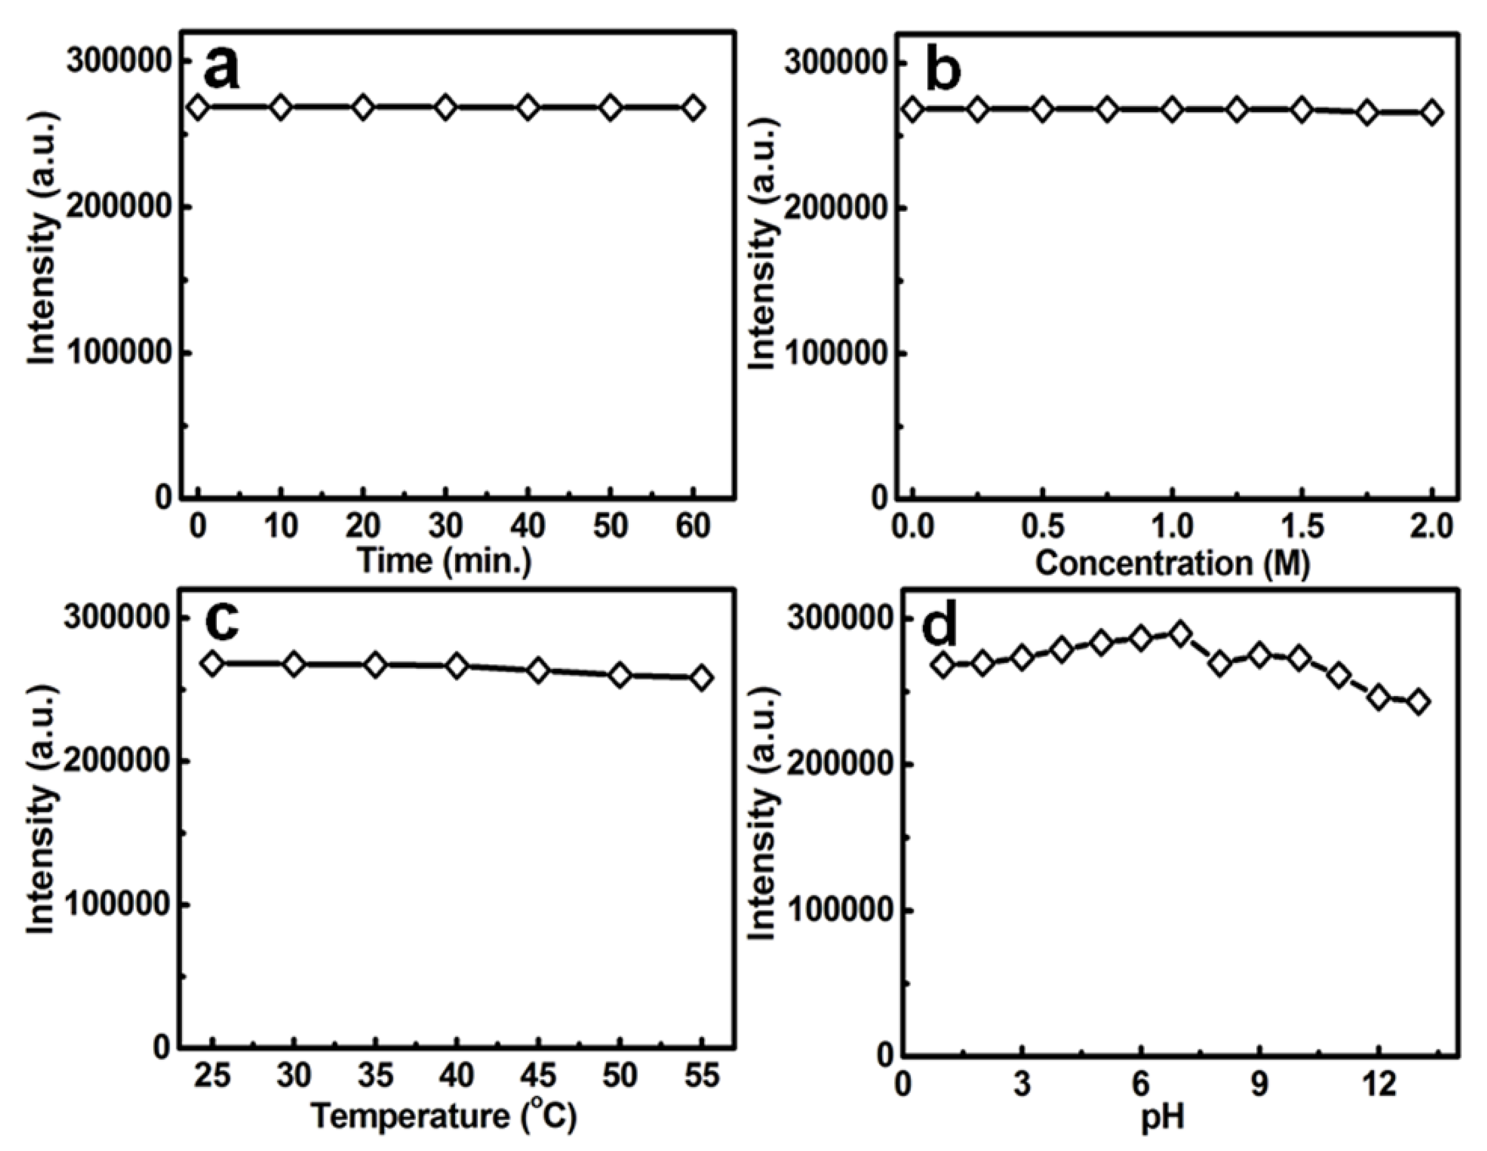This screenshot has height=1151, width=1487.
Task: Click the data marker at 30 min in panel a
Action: click(x=445, y=108)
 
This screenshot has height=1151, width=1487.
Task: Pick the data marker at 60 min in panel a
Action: click(x=693, y=108)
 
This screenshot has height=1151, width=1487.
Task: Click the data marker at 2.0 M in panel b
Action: click(x=1432, y=113)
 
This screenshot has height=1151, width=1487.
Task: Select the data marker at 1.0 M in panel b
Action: click(x=1172, y=109)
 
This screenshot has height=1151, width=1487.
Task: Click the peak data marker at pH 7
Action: click(x=1181, y=634)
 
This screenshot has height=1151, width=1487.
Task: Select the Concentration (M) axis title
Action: click(x=1172, y=563)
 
